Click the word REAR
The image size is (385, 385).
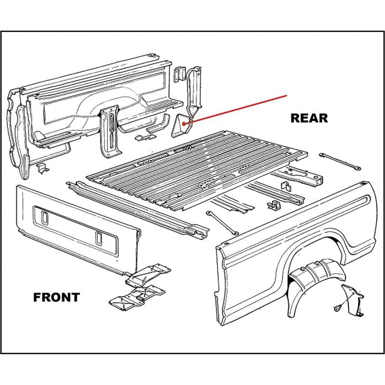[309, 118]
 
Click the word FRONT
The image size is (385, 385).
[57, 298]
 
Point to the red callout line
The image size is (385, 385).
[237, 109]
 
